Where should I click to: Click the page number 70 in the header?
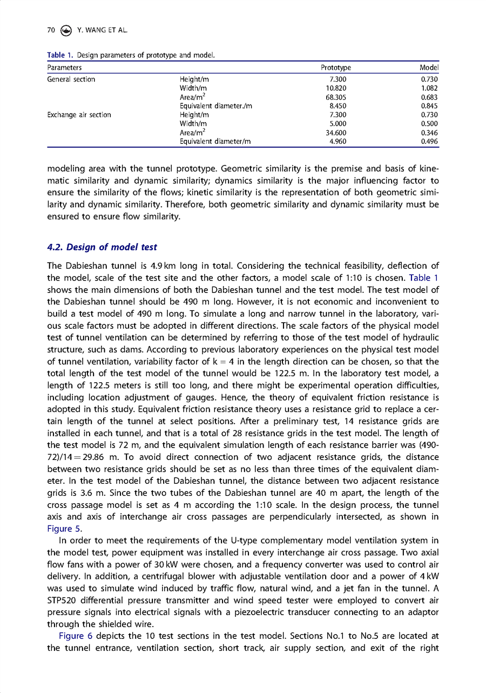51,30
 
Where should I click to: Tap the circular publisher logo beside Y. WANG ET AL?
66,30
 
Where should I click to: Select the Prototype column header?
336,68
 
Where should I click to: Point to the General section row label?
71,79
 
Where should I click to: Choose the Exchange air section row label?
79,115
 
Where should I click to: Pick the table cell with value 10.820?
336,88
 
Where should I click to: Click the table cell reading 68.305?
336,97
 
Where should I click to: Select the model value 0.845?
429,106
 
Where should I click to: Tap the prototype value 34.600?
336,133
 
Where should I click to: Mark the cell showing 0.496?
429,142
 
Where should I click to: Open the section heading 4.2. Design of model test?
102,247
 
